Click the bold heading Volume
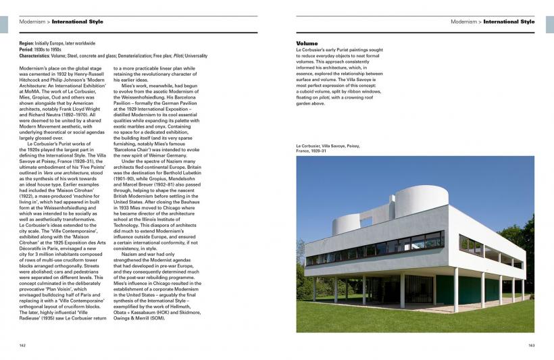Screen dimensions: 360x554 (307, 43)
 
